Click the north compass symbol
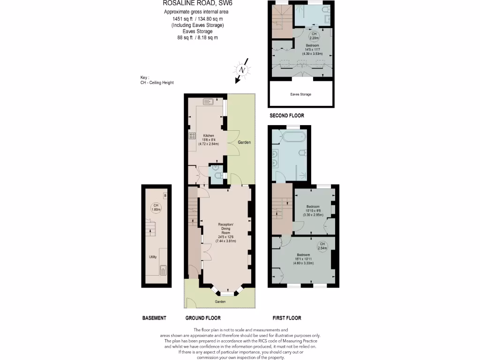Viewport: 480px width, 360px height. [x=242, y=70]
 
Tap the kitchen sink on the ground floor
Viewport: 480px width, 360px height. [x=208, y=101]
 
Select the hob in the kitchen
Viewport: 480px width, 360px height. [x=192, y=136]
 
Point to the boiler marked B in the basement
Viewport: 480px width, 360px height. [x=165, y=195]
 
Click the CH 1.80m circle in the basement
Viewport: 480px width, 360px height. [x=155, y=208]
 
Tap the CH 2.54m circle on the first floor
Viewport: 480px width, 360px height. [x=322, y=246]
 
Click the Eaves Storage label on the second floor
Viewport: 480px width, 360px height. [x=300, y=94]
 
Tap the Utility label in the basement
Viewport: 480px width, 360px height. [x=152, y=257]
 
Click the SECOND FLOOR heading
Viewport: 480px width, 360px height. [x=286, y=115]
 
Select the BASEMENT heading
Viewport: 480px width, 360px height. [x=154, y=318]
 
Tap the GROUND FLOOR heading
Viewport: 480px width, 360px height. [x=203, y=318]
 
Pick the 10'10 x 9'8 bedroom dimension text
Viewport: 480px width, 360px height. [x=313, y=210]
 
